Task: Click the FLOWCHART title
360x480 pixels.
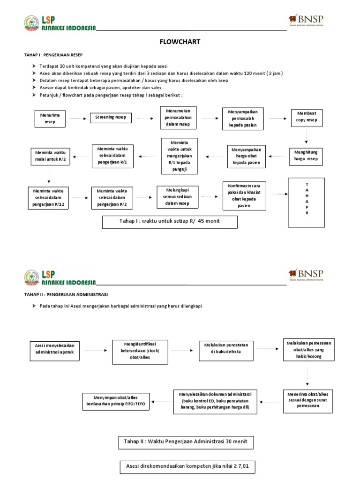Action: (180, 42)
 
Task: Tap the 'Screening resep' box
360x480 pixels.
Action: (111, 118)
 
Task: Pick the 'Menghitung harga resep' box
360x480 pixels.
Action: (306, 155)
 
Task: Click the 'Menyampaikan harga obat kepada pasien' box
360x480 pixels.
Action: (247, 156)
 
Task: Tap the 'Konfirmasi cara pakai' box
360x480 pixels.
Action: (244, 195)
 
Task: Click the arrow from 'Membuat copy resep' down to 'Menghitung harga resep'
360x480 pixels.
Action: (307, 136)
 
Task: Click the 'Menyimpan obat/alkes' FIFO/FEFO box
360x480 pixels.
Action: (116, 401)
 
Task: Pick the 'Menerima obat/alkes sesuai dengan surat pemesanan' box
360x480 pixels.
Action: (307, 401)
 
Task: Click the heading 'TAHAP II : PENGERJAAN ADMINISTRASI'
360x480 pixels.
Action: (66, 294)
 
